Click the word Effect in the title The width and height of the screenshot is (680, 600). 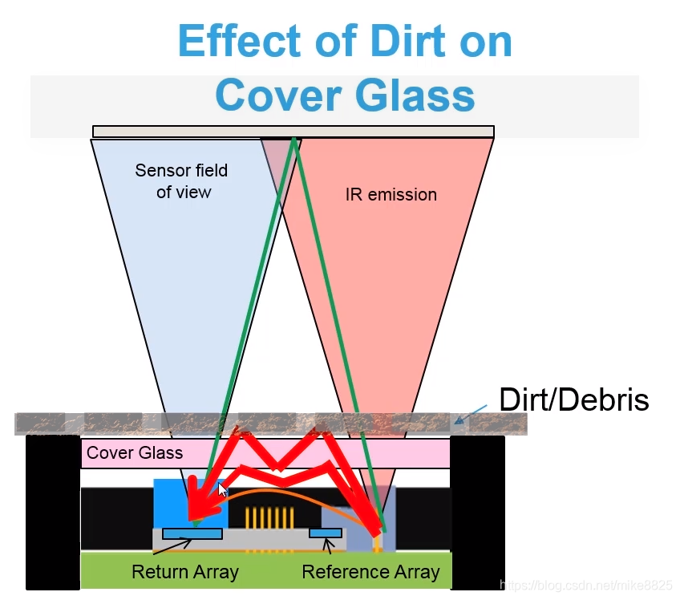240,40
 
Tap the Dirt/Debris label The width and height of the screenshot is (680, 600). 574,399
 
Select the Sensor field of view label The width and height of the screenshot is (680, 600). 182,181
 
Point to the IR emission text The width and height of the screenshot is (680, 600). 391,194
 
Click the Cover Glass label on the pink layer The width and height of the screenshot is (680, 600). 135,453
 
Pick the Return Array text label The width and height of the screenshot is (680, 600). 185,572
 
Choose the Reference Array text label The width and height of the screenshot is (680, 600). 370,572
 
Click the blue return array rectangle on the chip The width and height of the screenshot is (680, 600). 192,533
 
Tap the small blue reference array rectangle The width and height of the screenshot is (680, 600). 326,533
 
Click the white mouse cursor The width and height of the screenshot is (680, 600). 222,489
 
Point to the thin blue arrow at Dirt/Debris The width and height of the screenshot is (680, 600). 471,415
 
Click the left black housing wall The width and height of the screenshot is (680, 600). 53,513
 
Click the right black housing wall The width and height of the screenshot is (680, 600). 477,513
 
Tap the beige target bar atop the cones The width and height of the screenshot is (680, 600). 293,132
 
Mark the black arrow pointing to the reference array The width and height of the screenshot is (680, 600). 328,545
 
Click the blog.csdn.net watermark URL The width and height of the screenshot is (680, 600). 585,585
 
